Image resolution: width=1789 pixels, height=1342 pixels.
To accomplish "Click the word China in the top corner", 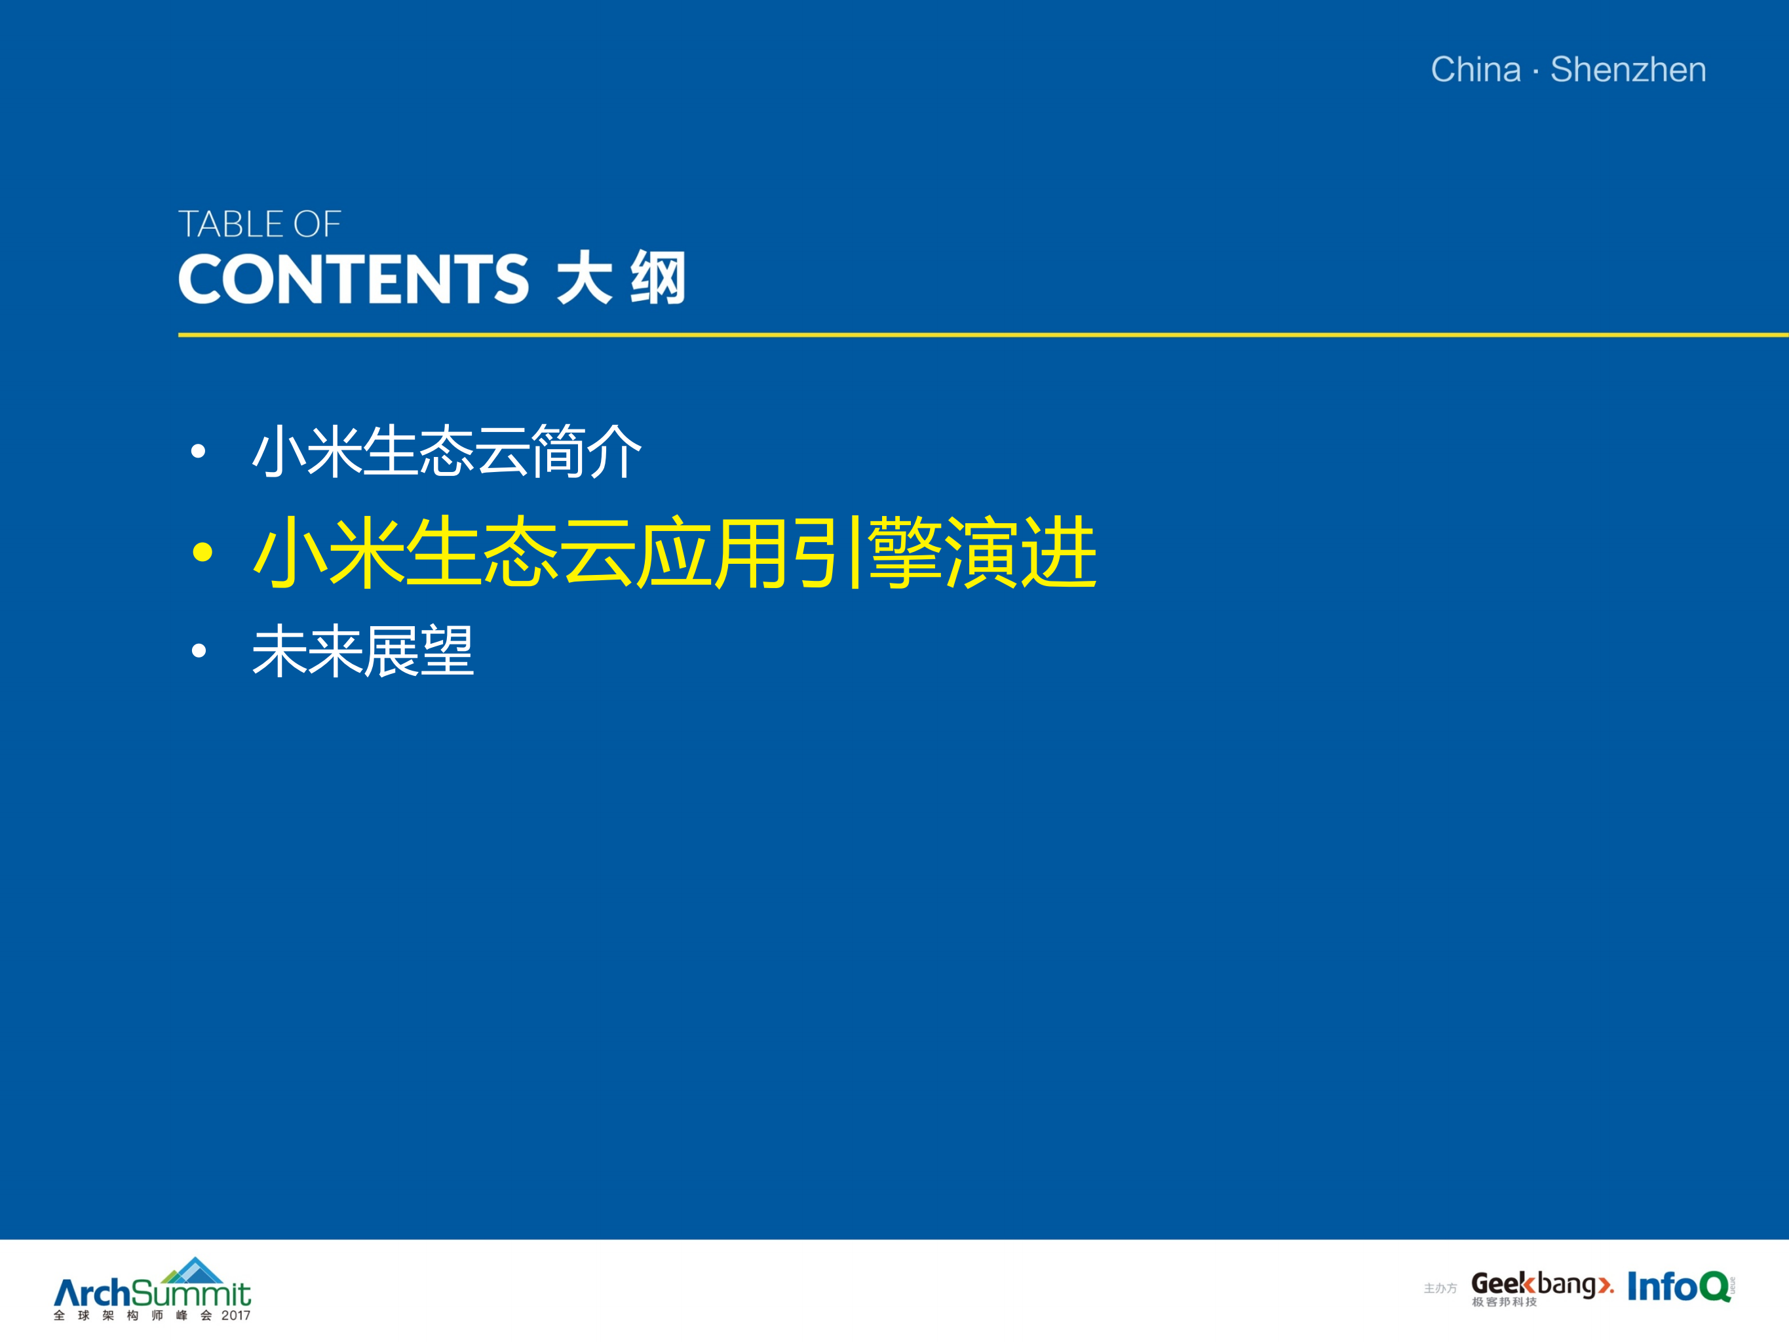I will [1475, 69].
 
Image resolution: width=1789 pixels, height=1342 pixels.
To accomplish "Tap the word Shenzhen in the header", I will [1627, 69].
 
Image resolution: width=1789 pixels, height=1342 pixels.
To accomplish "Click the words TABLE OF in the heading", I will [260, 224].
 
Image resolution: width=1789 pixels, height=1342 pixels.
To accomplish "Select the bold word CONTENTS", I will [353, 279].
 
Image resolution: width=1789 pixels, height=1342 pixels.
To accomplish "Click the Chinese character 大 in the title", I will [584, 279].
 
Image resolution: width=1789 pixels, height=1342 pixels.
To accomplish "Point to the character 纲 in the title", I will [657, 279].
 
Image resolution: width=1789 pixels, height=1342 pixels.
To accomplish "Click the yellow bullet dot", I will [202, 553].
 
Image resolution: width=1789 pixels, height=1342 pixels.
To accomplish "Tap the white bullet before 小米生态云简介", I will [198, 452].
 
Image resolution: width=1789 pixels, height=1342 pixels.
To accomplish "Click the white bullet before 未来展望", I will [198, 650].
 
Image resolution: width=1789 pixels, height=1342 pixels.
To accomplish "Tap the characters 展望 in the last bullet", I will [418, 650].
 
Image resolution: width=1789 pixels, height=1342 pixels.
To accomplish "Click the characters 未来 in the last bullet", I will [307, 650].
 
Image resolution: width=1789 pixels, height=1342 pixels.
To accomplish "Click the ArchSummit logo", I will [152, 1292].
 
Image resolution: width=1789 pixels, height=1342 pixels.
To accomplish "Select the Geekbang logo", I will [1540, 1286].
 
